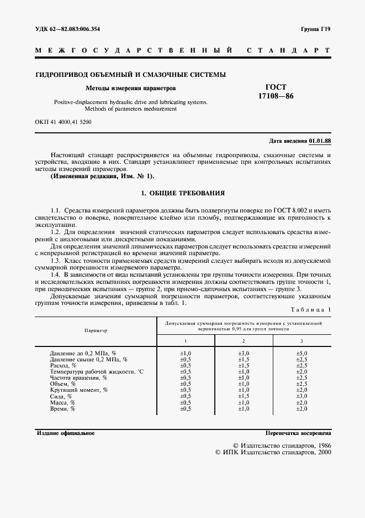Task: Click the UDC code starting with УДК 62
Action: point(68,29)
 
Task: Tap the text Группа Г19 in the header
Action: point(315,29)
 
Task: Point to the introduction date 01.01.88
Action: point(320,141)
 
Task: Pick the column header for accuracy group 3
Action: point(301,341)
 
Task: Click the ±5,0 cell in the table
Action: point(301,353)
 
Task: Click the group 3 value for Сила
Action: point(301,396)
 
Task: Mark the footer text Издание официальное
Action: point(66,433)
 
